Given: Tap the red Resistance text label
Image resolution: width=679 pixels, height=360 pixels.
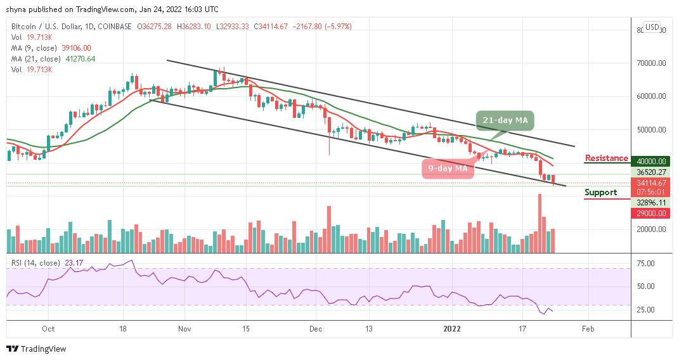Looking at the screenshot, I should pos(606,158).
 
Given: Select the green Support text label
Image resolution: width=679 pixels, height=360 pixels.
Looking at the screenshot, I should pos(601,192).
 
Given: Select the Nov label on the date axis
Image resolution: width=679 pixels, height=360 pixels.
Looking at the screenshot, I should pos(184,329).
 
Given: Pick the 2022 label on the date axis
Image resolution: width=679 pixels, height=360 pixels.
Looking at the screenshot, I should pos(452,329).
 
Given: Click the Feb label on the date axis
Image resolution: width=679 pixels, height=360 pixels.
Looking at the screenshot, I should pos(588,329).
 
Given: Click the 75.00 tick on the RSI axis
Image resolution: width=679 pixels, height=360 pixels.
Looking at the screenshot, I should pos(647,263).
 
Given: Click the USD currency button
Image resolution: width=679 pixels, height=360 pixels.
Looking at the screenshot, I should pos(651,27).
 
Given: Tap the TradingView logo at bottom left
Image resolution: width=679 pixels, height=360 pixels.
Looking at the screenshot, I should pos(36,349).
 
